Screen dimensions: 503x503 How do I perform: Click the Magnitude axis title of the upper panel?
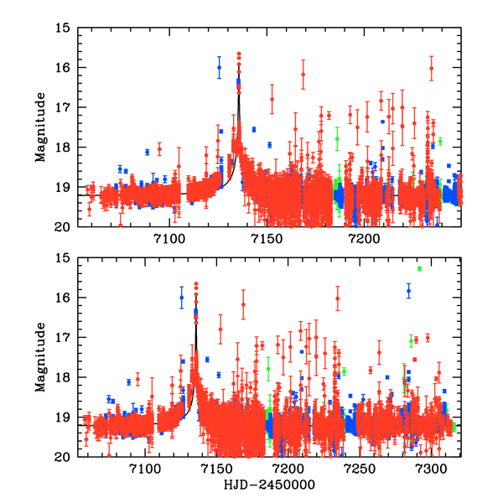[x=39, y=127]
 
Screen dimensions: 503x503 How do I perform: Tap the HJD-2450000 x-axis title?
[x=268, y=485]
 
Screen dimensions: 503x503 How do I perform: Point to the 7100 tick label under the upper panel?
[x=169, y=240]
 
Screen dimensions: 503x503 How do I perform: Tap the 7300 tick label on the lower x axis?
[x=432, y=470]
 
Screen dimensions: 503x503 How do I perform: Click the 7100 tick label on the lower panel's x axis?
[x=145, y=470]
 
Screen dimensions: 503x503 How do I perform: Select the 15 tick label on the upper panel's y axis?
[x=62, y=28]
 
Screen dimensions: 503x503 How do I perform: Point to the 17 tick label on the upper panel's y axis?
[x=62, y=107]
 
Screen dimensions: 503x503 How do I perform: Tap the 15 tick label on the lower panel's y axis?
[x=62, y=258]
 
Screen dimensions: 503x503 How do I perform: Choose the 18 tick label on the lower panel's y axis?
[x=62, y=378]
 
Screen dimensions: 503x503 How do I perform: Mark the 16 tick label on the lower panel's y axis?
[x=62, y=298]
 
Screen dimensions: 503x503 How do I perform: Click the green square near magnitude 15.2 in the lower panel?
[x=419, y=268]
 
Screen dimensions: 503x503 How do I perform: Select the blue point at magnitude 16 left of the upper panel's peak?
[x=219, y=68]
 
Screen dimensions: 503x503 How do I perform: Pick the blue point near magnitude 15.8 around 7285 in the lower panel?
[x=409, y=291]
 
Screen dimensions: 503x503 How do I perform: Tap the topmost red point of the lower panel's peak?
[x=196, y=285]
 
